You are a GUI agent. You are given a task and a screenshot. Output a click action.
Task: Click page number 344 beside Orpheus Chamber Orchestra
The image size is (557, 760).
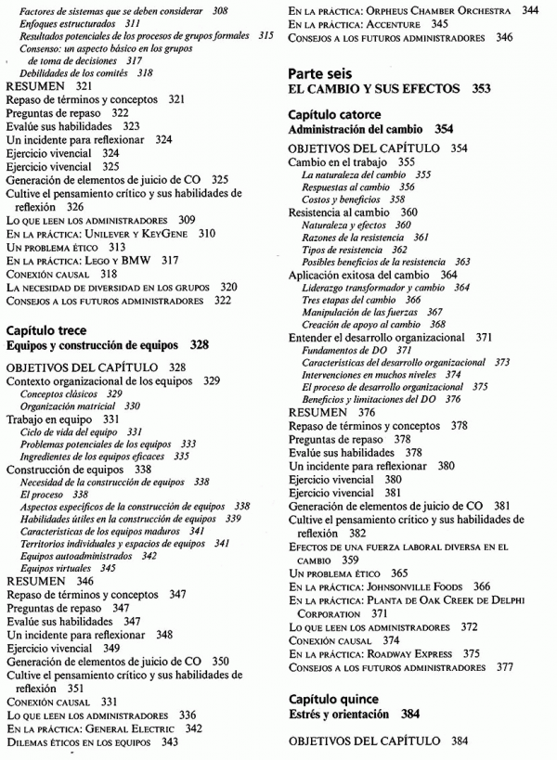pos(530,10)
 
